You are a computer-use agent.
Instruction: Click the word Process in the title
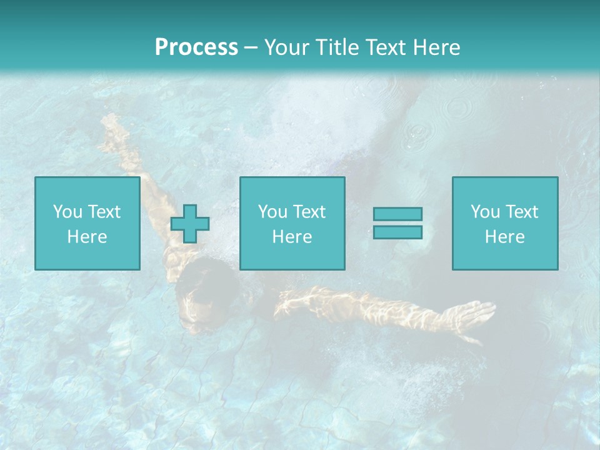(x=196, y=47)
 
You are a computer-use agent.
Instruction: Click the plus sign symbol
(x=190, y=224)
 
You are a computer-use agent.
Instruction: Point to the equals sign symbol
(x=397, y=223)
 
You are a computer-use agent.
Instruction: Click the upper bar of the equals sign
(x=397, y=214)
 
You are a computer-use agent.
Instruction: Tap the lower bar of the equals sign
(x=397, y=232)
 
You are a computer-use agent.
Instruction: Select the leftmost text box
(x=87, y=224)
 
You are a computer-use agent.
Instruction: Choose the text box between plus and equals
(x=292, y=224)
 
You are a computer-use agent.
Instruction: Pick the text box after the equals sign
(x=504, y=224)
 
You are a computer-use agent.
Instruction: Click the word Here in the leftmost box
(x=87, y=237)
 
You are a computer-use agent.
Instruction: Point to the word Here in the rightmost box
(x=504, y=237)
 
